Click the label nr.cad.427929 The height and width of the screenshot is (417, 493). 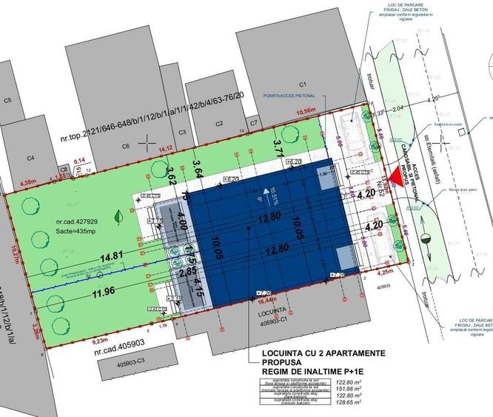[x=75, y=221]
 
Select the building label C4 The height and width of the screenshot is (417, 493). [x=31, y=157]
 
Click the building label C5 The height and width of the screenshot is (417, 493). [x=8, y=100]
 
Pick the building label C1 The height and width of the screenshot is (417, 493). [x=303, y=84]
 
